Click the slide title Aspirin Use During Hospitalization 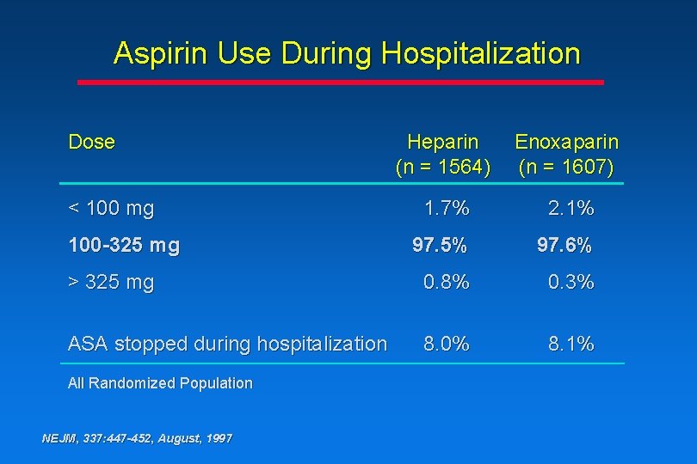[x=347, y=54]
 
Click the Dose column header [x=91, y=142]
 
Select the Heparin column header [x=442, y=142]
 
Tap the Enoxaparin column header [x=565, y=142]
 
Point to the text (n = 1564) [x=442, y=167]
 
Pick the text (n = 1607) [x=565, y=167]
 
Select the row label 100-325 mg [x=124, y=246]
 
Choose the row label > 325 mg [x=110, y=283]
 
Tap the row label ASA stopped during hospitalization [x=227, y=345]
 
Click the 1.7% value [x=446, y=208]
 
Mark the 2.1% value [x=571, y=208]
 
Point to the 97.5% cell [x=440, y=246]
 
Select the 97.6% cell [x=564, y=246]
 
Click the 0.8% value [x=446, y=283]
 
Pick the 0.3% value [x=571, y=283]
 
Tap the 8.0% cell [x=446, y=345]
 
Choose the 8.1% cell [x=571, y=345]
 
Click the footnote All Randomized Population [x=160, y=383]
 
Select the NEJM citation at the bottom [x=137, y=438]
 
